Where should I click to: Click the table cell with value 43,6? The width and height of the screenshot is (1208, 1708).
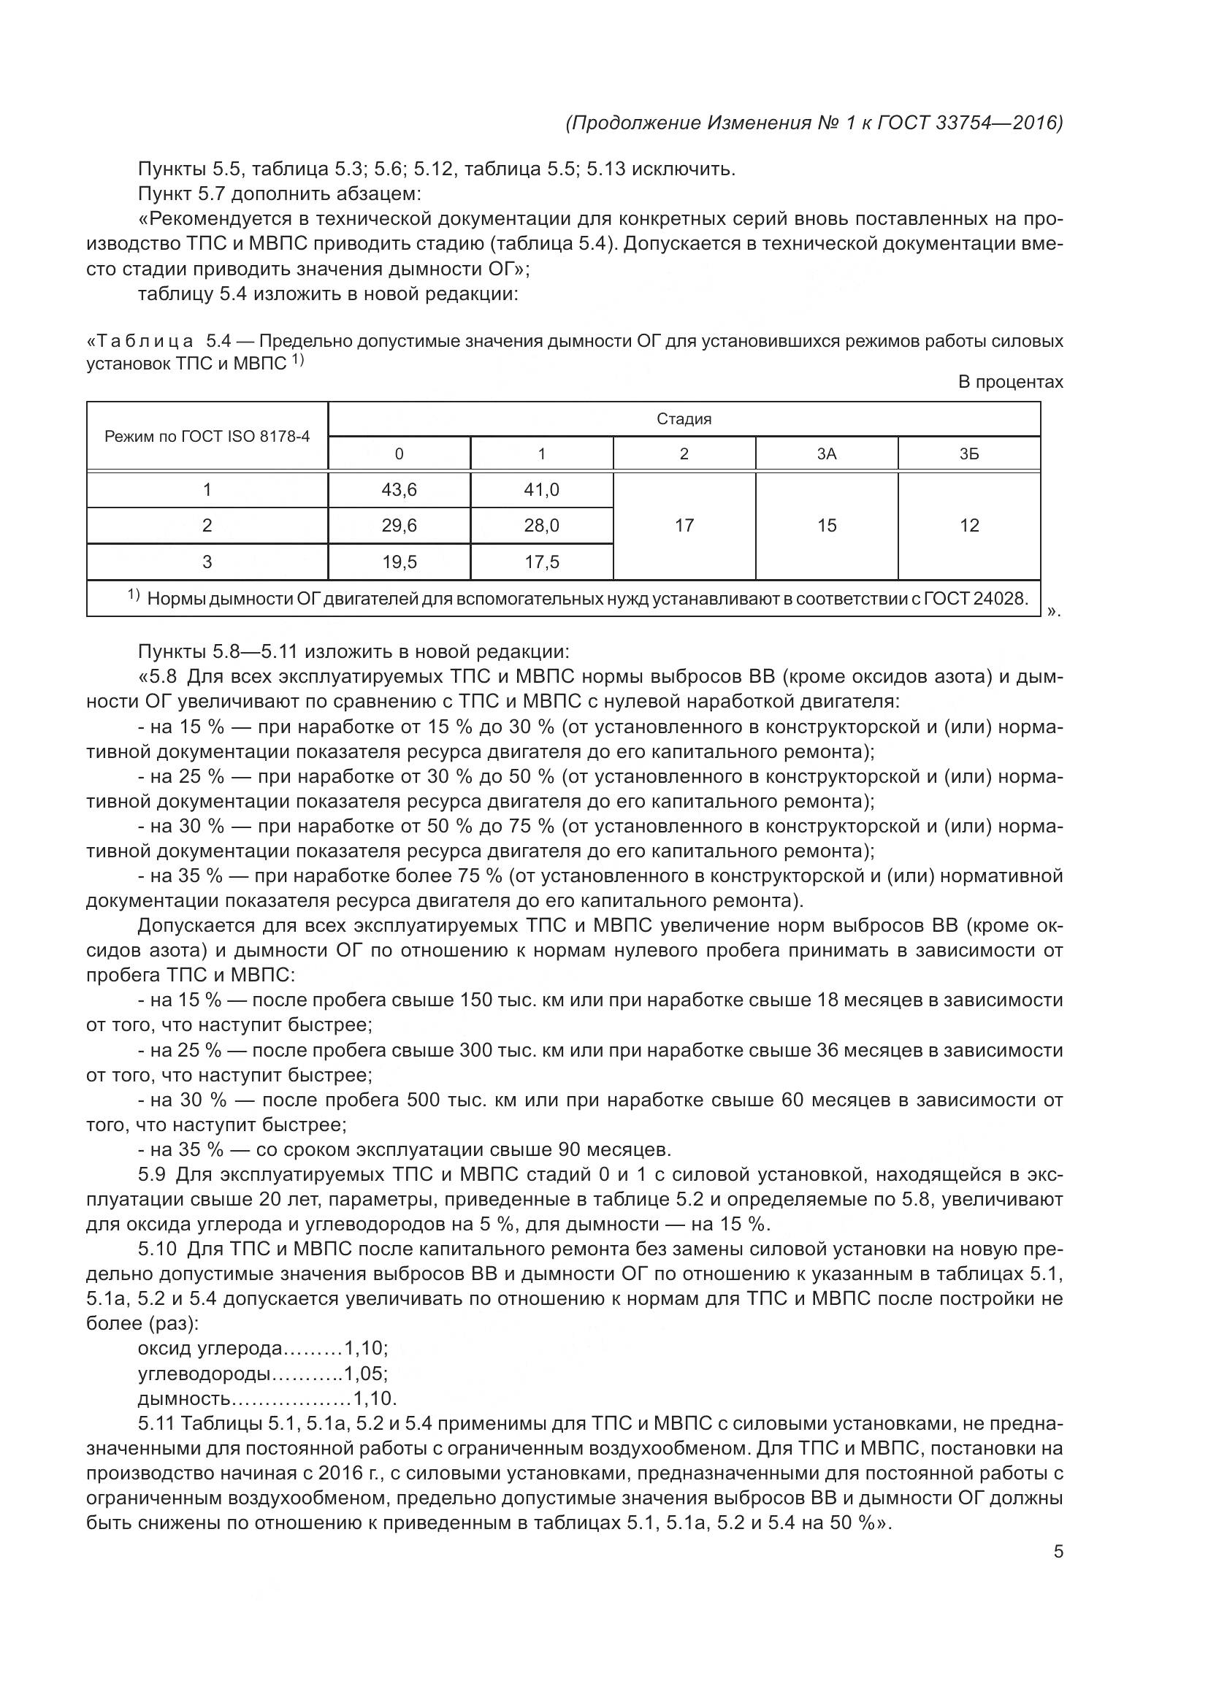[399, 489]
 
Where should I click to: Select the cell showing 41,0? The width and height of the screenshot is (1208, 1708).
[541, 489]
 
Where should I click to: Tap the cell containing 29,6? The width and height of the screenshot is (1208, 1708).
[399, 525]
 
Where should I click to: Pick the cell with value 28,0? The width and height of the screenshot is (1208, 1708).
[541, 525]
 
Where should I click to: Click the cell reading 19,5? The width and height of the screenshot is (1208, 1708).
[399, 562]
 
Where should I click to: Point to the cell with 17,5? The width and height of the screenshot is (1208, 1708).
[541, 562]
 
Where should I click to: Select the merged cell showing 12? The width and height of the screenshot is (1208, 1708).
[969, 525]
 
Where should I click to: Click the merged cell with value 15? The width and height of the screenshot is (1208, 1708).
[827, 525]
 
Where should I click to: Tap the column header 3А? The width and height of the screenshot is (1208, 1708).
[827, 453]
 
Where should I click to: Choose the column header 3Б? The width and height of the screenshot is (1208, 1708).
[969, 453]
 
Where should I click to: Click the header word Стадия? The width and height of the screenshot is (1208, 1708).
[684, 419]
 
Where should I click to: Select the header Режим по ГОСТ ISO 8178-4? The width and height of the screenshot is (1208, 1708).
[207, 436]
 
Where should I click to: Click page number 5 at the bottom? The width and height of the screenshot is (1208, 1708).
[1058, 1552]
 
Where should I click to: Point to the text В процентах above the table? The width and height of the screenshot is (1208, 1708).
[1010, 383]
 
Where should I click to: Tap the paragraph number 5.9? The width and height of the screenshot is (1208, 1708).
[153, 1175]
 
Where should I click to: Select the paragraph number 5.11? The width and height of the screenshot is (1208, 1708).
[156, 1423]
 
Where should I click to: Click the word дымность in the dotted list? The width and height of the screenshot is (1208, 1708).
[185, 1398]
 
